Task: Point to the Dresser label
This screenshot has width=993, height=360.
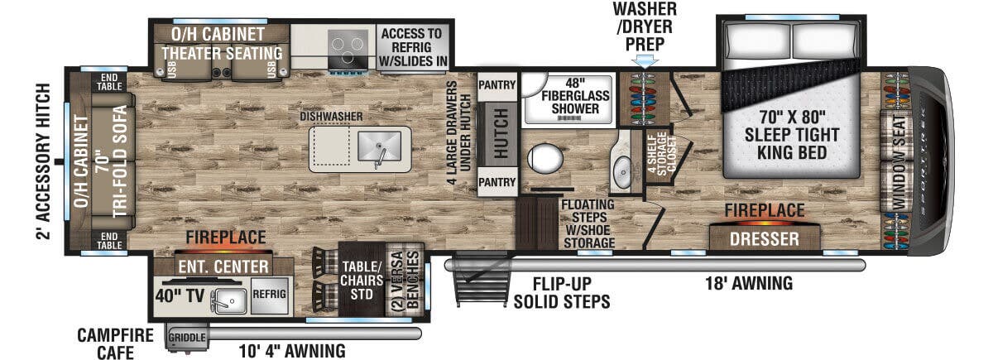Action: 764,239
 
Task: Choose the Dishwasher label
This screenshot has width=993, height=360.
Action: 332,117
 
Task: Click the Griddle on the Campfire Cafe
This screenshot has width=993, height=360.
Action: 186,338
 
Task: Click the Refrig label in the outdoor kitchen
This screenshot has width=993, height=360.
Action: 269,291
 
